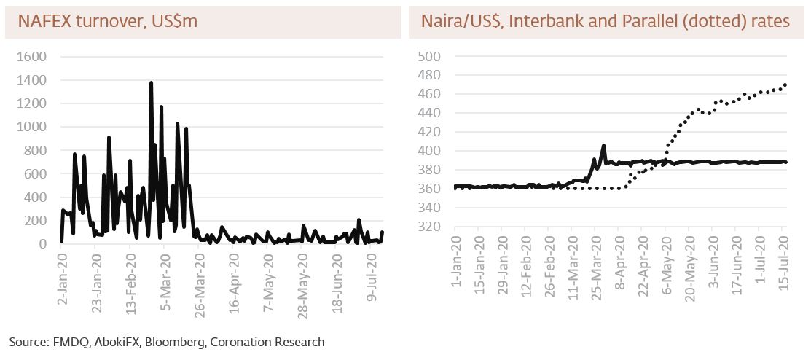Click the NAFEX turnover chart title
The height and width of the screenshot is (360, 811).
click(107, 22)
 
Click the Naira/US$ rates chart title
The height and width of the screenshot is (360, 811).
click(605, 22)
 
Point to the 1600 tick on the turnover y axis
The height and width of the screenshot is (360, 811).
click(31, 57)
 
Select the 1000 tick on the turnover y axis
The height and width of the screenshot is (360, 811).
click(31, 127)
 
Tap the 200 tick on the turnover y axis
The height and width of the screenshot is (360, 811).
click(36, 221)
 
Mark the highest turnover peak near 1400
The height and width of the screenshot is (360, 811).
click(151, 83)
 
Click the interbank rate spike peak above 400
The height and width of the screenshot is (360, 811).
click(603, 145)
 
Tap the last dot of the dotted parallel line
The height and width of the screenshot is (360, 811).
click(785, 85)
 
